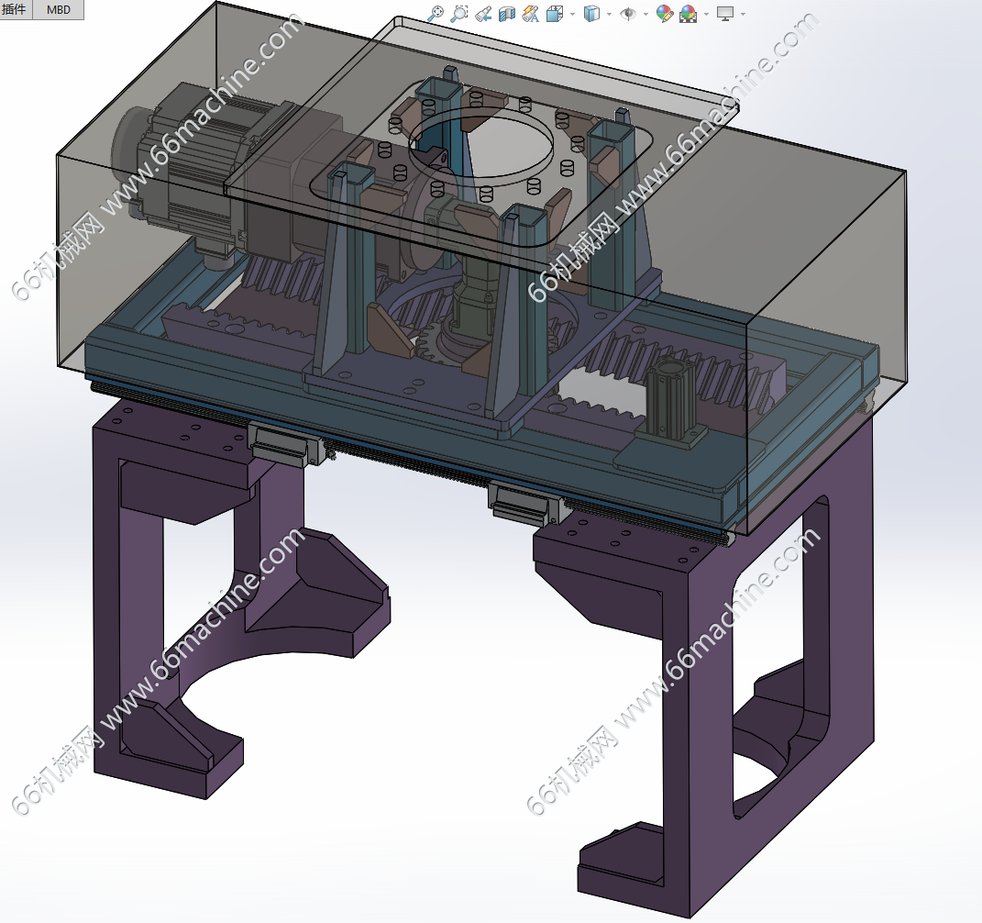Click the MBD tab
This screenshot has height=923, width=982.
tap(59, 9)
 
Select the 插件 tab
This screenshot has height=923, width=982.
tap(15, 9)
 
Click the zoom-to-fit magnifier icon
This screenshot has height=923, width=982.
tap(436, 14)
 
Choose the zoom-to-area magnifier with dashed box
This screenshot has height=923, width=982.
tap(459, 14)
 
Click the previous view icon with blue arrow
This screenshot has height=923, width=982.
tap(483, 14)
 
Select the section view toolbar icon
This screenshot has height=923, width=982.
tap(507, 14)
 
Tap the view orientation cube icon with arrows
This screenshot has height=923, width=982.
tap(555, 14)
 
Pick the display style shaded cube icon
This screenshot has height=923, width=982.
tap(591, 14)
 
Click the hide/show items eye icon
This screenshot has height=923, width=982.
tap(627, 14)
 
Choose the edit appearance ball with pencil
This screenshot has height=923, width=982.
tap(664, 14)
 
